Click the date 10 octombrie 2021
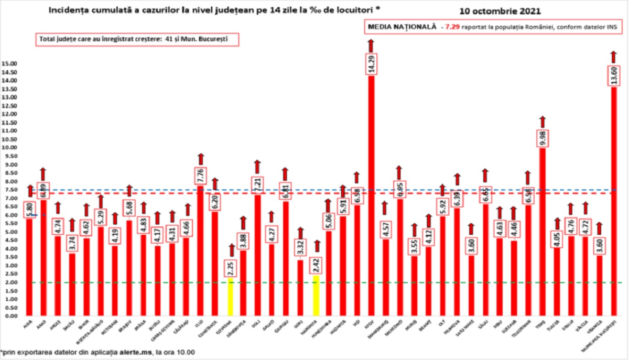[492, 10]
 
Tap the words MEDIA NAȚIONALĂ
[402, 27]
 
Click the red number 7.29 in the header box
[453, 27]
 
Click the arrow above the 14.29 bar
[371, 45]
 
